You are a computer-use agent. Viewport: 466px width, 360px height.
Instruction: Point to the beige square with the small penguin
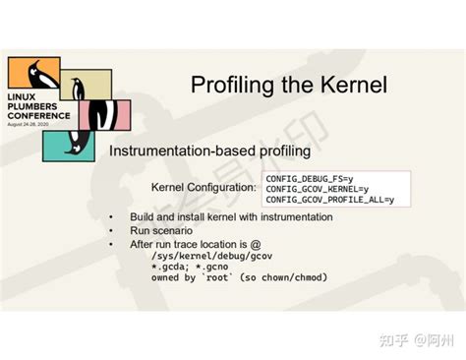pyautogui.click(x=86, y=85)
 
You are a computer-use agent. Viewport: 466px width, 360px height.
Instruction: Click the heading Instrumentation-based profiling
pyautogui.click(x=208, y=151)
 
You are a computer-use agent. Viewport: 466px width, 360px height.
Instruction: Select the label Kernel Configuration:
pyautogui.click(x=203, y=187)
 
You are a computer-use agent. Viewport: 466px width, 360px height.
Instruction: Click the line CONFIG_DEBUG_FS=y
pyautogui.click(x=305, y=177)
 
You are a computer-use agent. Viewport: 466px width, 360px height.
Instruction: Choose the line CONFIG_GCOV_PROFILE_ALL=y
pyautogui.click(x=329, y=200)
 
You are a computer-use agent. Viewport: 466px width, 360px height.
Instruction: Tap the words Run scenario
pyautogui.click(x=157, y=229)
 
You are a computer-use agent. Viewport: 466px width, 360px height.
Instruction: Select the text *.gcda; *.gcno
pyautogui.click(x=190, y=266)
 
